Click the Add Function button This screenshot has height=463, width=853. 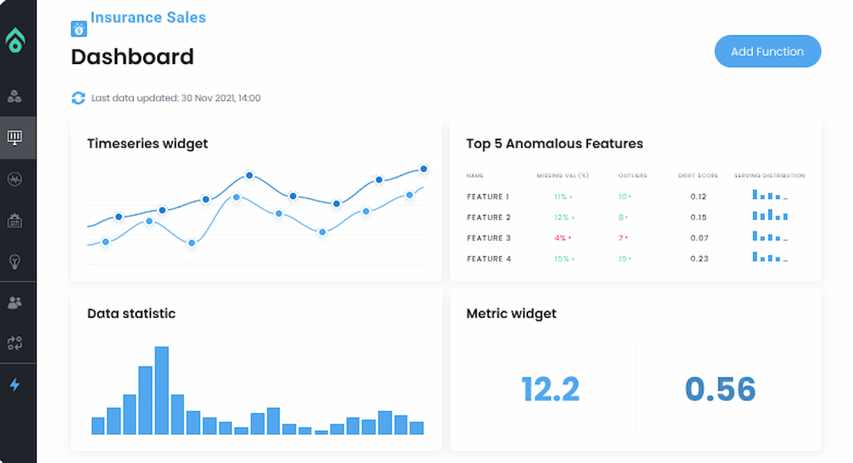pyautogui.click(x=767, y=51)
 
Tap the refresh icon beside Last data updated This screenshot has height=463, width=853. pyautogui.click(x=78, y=98)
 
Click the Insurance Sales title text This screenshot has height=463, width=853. pyautogui.click(x=148, y=18)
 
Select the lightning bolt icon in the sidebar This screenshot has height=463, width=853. pyautogui.click(x=15, y=384)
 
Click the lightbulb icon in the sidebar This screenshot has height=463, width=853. pyautogui.click(x=15, y=261)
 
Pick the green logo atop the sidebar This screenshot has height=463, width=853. pyautogui.click(x=16, y=41)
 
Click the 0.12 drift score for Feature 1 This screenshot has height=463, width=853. pyautogui.click(x=698, y=197)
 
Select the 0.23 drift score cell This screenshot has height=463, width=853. pyautogui.click(x=699, y=259)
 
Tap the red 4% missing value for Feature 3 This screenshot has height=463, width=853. pyautogui.click(x=560, y=238)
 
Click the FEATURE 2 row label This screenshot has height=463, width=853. pyautogui.click(x=489, y=217)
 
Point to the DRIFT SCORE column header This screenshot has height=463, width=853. pyautogui.click(x=697, y=176)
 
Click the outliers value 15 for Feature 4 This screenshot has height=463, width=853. pyautogui.click(x=622, y=259)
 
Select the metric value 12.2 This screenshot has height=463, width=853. pyautogui.click(x=550, y=389)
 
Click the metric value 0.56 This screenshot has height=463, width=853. pyautogui.click(x=720, y=389)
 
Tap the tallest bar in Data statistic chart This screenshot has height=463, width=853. pyautogui.click(x=162, y=390)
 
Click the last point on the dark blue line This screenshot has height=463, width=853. pyautogui.click(x=424, y=169)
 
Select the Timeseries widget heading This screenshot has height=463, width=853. pyautogui.click(x=148, y=144)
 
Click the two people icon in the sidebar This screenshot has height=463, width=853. pyautogui.click(x=15, y=302)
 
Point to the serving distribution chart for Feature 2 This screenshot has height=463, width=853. pyautogui.click(x=770, y=216)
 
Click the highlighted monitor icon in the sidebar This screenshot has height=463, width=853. pyautogui.click(x=15, y=137)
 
